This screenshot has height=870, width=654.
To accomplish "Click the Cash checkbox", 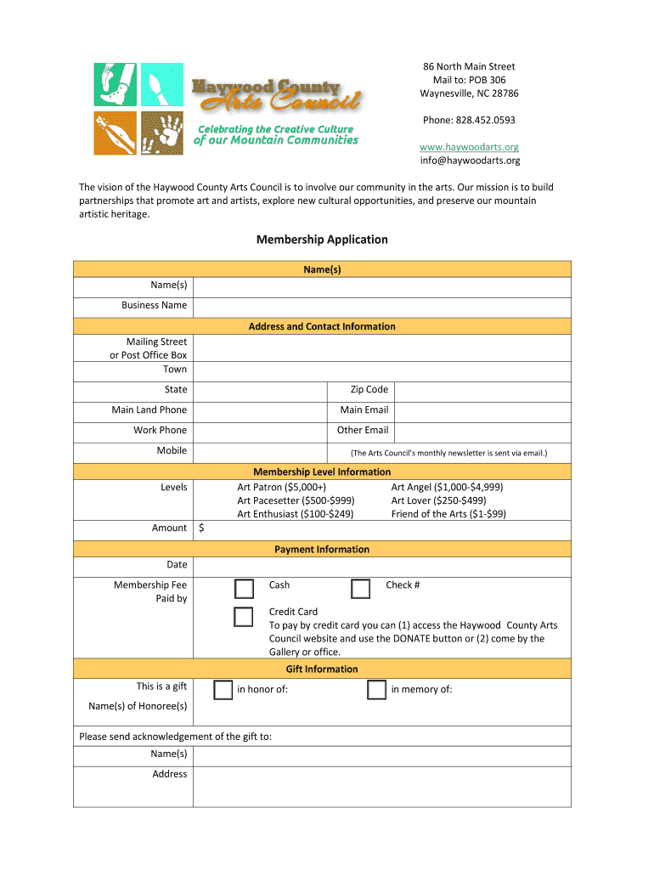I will [244, 590].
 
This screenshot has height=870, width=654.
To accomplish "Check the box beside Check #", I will [361, 590].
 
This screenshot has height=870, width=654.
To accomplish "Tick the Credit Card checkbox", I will [244, 617].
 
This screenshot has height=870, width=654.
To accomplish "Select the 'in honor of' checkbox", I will [223, 690].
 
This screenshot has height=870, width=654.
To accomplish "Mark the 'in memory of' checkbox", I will [377, 690].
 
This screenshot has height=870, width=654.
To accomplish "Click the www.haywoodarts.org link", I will [470, 147].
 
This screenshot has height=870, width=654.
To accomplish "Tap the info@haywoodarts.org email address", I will [470, 161].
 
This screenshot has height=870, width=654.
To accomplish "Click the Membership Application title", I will [322, 240].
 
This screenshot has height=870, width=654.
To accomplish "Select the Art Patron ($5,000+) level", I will [281, 487].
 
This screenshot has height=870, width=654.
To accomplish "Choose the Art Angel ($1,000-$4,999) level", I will [447, 487].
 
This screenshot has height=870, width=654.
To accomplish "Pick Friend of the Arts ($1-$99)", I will [448, 514].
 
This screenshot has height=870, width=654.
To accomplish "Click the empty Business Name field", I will [381, 306].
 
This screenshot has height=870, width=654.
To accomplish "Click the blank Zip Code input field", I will [482, 390].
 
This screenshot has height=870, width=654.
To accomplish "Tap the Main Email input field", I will [482, 410].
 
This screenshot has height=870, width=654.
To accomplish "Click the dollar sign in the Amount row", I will [201, 528].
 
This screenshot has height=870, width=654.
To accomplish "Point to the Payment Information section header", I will [322, 550].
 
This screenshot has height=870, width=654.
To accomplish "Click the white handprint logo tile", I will [162, 133].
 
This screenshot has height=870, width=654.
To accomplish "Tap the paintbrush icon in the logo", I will [162, 84].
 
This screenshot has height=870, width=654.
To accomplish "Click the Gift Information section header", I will [322, 669].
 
